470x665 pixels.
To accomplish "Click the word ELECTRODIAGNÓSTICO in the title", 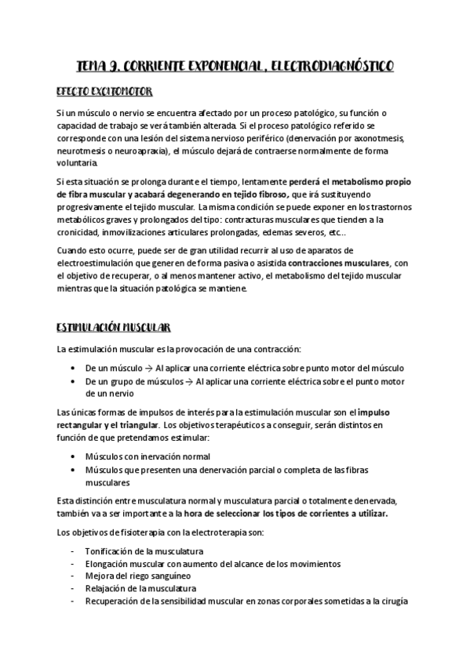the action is click(x=327, y=66).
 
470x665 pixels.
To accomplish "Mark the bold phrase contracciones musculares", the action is click(x=340, y=263).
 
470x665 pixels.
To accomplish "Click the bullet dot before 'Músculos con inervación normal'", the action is click(x=72, y=456).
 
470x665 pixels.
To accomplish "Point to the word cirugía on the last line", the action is click(x=388, y=601).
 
